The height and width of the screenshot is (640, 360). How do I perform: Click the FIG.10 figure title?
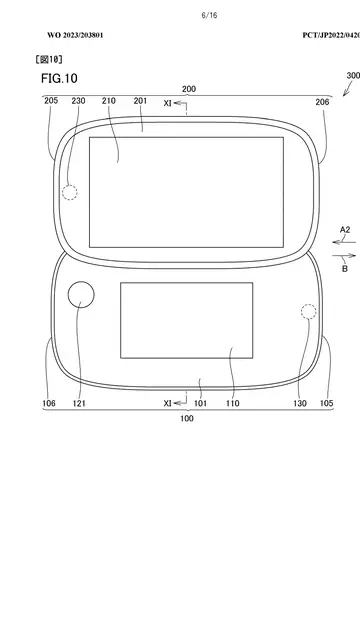pos(59,78)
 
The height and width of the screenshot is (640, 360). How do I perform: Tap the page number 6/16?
pos(209,16)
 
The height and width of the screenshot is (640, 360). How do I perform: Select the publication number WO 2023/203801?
pos(75,35)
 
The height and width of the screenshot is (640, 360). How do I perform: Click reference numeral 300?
pos(353,76)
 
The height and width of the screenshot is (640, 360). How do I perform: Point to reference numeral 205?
pos(51,101)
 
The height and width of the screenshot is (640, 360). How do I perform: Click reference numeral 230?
pos(78,101)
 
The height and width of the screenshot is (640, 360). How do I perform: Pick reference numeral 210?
pos(109,101)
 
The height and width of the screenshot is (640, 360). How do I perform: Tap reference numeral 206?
pos(322,102)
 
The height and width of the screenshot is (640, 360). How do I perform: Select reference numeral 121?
pos(79,404)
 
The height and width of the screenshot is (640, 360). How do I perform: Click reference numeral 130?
pos(300,404)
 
